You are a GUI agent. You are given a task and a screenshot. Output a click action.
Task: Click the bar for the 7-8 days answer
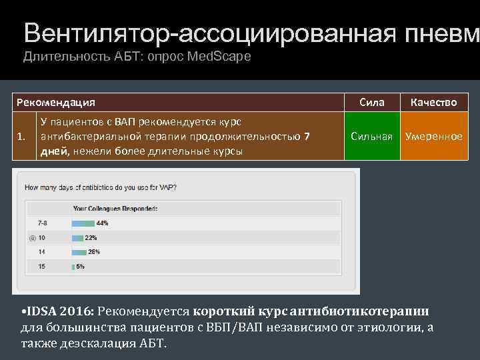[83, 223]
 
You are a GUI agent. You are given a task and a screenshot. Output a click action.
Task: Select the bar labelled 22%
[77, 237]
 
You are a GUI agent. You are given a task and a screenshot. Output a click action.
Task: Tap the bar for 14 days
[79, 252]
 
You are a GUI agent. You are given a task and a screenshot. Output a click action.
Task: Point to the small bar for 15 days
[73, 267]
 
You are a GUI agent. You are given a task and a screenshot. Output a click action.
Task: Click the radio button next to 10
[31, 237]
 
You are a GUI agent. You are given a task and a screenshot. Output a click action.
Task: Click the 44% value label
[102, 223]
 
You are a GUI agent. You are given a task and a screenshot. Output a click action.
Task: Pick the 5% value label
[81, 267]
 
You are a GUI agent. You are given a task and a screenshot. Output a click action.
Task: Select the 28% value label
[94, 252]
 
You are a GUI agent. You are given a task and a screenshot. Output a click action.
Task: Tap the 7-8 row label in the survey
[41, 223]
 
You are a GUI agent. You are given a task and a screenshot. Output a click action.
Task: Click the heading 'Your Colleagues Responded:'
[115, 209]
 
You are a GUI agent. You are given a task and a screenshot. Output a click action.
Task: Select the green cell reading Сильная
[371, 136]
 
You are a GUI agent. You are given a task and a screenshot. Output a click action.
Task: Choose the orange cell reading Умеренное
[433, 136]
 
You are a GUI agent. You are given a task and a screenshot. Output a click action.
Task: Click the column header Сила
[371, 102]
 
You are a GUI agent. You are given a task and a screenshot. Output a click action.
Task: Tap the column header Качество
[433, 102]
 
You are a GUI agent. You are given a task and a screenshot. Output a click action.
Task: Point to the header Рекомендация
[56, 102]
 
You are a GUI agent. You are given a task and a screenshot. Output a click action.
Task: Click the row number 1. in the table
[23, 137]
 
